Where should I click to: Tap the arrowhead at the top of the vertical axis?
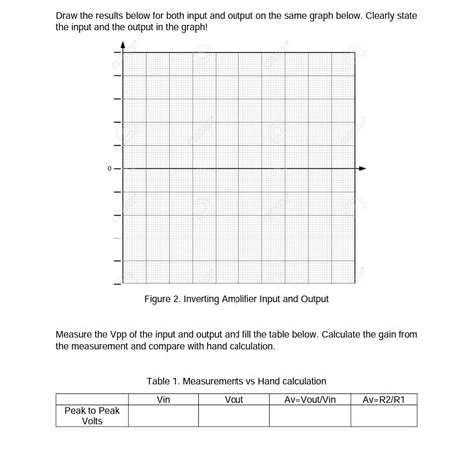coord(124,46)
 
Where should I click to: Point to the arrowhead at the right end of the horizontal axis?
coord(361,168)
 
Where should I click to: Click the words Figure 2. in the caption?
coord(164,299)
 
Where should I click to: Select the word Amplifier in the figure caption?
coord(234,299)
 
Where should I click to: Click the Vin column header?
coord(163,400)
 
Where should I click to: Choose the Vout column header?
coord(234,400)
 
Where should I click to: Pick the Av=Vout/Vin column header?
coord(309,400)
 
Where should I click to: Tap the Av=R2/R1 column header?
coord(383,400)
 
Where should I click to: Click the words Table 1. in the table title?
coord(164,381)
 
